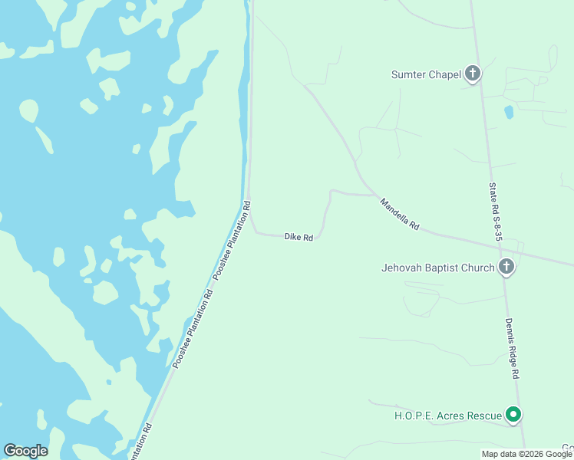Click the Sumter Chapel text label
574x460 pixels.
point(426,74)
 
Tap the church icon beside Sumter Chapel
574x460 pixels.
point(473,74)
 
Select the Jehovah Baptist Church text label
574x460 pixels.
point(438,268)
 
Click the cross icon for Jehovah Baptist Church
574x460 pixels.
point(506,267)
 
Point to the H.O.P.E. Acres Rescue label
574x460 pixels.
point(447,416)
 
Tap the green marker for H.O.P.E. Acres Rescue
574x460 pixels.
point(514,416)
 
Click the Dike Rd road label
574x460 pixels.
point(299,237)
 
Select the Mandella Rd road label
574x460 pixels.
point(400,215)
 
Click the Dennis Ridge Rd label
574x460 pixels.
point(512,348)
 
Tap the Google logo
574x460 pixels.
point(25,451)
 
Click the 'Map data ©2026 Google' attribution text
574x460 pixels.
point(527,454)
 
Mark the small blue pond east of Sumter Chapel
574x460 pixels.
point(508,112)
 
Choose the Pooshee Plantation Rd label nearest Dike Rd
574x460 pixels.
point(232,240)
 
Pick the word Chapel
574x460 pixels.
point(444,74)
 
